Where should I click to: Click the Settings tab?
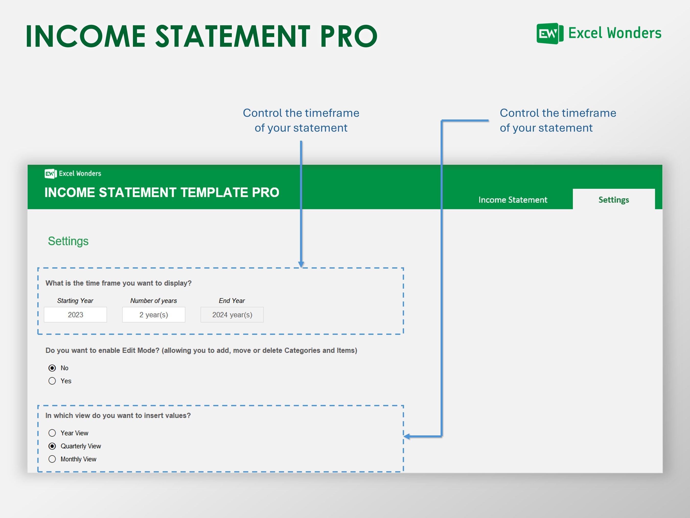613,200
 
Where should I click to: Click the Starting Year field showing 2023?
75,314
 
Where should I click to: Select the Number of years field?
154,314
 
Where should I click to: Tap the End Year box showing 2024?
232,314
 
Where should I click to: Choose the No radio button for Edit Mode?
52,368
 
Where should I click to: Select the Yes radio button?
52,381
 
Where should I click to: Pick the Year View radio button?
52,433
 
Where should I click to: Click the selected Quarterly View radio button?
52,446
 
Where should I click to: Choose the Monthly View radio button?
52,459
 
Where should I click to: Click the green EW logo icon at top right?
549,34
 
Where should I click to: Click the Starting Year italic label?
75,300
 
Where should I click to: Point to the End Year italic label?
232,300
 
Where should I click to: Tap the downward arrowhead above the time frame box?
301,264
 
